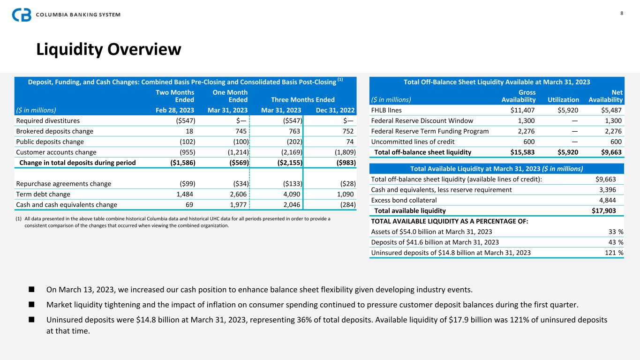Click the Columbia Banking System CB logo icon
coord(22,15)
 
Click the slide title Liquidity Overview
coord(109,49)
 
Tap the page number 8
coord(622,13)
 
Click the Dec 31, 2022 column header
coord(335,111)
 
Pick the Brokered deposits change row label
coord(54,131)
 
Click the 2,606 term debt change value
coord(238,194)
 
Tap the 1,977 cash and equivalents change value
coord(238,204)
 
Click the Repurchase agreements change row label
coord(64,184)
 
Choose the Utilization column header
coord(563,100)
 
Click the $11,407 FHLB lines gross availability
coord(523,111)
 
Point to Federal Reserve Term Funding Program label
coord(430,131)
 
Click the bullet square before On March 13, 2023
coord(32,290)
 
